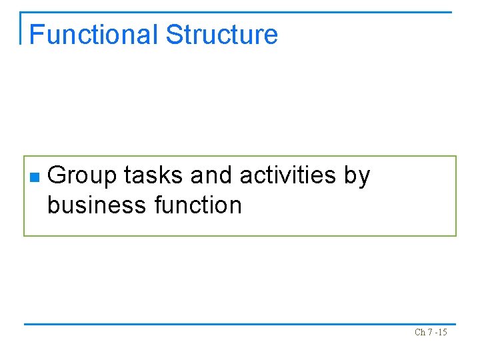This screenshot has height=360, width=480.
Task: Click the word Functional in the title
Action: (93, 35)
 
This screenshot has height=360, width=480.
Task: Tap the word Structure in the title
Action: (222, 35)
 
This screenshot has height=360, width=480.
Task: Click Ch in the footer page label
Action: (420, 333)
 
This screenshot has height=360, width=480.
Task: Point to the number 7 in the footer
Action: (431, 333)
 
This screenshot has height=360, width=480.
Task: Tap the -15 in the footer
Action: (441, 333)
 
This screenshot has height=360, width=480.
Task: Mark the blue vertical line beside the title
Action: (21, 28)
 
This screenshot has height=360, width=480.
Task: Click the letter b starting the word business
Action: (53, 205)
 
